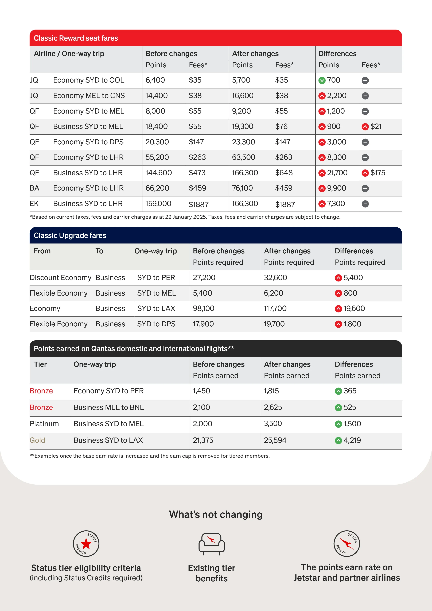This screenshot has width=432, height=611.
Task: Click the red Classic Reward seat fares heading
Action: point(76,38)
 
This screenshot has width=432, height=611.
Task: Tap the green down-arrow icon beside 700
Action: point(322,80)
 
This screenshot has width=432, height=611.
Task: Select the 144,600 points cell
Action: point(159,173)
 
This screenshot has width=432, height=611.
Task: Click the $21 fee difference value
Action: point(376,126)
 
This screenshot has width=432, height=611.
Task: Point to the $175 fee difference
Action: point(377,173)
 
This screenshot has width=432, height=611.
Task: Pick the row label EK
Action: point(34,204)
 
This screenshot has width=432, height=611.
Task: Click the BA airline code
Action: point(34,188)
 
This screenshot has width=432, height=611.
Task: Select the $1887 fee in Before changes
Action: point(199,204)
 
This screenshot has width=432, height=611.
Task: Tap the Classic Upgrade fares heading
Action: point(70,235)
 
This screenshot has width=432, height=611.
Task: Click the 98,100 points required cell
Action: point(204,308)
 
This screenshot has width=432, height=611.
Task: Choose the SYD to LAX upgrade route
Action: point(156,308)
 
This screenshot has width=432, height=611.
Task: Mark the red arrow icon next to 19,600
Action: point(338,309)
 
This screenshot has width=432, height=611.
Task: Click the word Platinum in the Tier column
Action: point(44,424)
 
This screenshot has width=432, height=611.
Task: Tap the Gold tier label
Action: point(37,440)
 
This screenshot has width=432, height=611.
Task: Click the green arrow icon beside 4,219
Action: point(338,440)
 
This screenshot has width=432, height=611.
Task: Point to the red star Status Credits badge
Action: point(86,543)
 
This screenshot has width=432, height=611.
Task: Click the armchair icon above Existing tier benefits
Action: point(212,543)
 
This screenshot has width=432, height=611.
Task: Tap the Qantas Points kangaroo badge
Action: point(347,543)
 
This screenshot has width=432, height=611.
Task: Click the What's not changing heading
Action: point(216,514)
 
